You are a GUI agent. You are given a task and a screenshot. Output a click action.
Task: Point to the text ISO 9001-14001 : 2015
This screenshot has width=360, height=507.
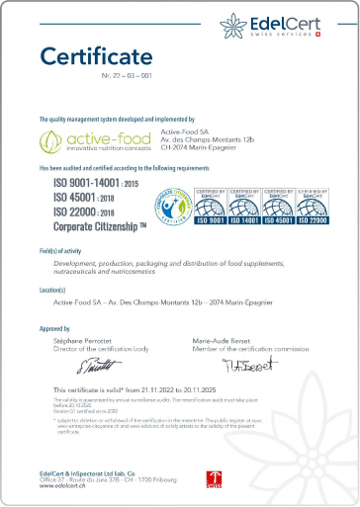[90, 184]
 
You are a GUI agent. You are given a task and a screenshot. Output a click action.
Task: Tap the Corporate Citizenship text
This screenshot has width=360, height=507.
[95, 226]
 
